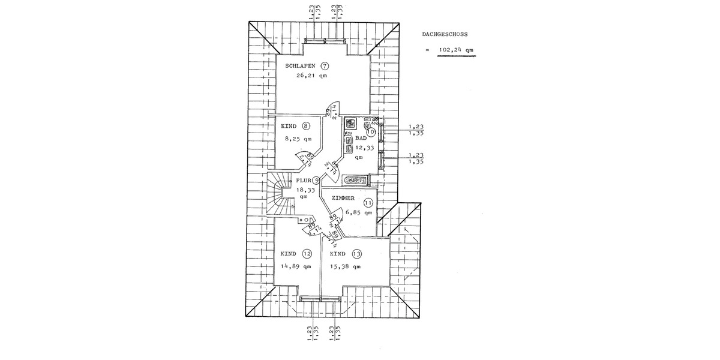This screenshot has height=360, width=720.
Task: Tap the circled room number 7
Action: pos(325,66)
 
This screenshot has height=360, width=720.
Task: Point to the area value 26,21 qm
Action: pos(311,76)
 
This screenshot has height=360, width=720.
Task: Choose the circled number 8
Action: pos(306,126)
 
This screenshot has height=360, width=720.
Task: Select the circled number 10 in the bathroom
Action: pos(370,130)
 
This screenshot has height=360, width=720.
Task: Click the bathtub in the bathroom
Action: pos(356,179)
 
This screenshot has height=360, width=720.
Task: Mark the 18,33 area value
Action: pos(305,189)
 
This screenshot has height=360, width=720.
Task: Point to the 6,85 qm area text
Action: pos(359,212)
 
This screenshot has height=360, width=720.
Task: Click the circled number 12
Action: pos(307,254)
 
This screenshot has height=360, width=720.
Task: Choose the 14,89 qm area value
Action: pos(296,266)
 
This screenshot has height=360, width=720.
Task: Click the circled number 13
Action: pos(357,254)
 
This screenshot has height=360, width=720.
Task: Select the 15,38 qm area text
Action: pos(346,266)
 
